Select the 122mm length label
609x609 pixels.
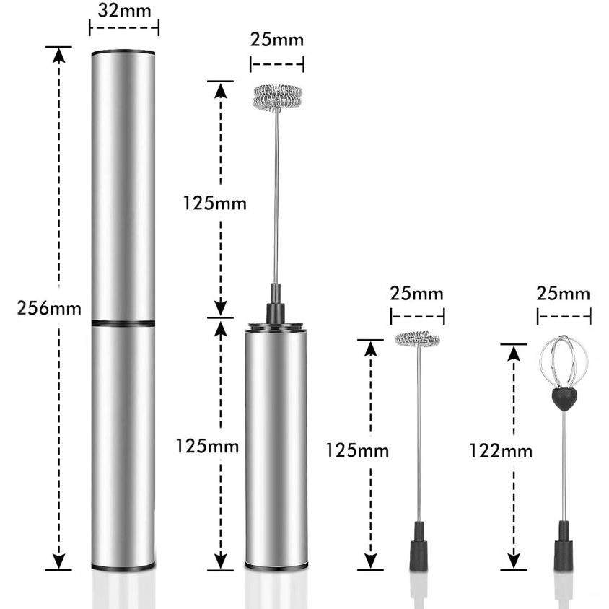click(500, 452)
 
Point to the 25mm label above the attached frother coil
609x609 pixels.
click(277, 39)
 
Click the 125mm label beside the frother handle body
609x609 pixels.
click(208, 446)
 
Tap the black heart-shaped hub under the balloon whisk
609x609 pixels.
click(564, 397)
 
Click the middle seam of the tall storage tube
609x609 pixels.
click(123, 322)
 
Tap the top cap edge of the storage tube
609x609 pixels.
click(123, 52)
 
